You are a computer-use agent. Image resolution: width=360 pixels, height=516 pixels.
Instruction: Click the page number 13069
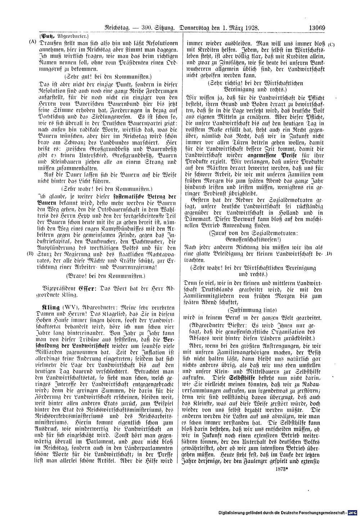point(316,27)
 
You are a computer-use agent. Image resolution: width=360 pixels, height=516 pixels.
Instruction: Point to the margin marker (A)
point(33,42)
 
